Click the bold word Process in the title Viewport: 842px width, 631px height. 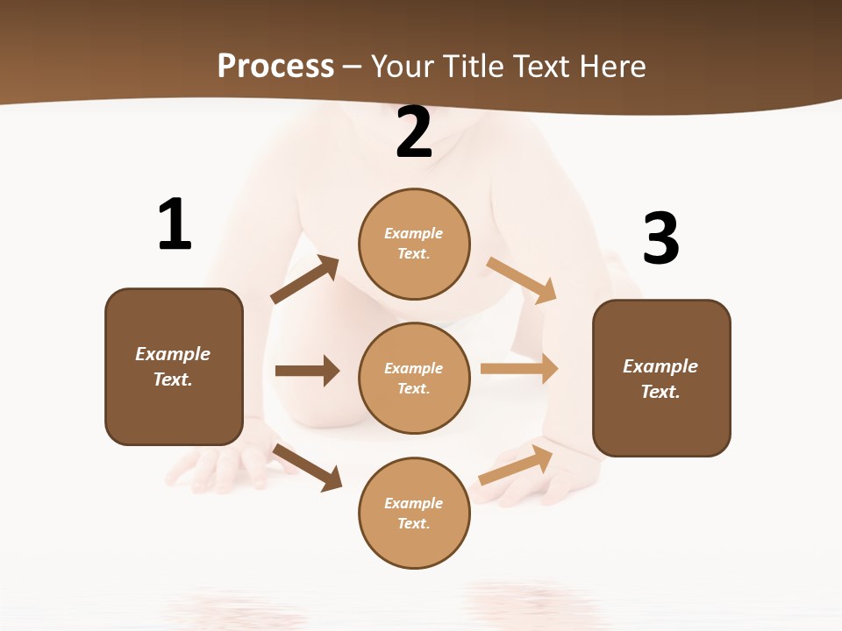pyautogui.click(x=275, y=66)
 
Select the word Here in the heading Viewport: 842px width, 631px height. pyautogui.click(x=611, y=66)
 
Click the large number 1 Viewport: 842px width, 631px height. pyautogui.click(x=175, y=224)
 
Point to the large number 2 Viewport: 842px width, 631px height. pyautogui.click(x=414, y=133)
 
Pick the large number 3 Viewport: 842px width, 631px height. pyautogui.click(x=660, y=238)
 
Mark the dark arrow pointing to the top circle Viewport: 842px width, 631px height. pyautogui.click(x=305, y=280)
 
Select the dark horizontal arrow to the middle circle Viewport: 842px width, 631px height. pyautogui.click(x=307, y=371)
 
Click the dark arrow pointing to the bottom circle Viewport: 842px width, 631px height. pyautogui.click(x=307, y=467)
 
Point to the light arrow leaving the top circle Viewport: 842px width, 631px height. pyautogui.click(x=522, y=280)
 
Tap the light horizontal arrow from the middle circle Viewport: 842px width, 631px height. pyautogui.click(x=519, y=369)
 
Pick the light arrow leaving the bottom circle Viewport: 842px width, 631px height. pyautogui.click(x=516, y=464)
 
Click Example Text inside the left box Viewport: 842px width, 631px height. pyautogui.click(x=173, y=366)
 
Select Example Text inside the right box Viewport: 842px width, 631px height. pyautogui.click(x=660, y=379)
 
